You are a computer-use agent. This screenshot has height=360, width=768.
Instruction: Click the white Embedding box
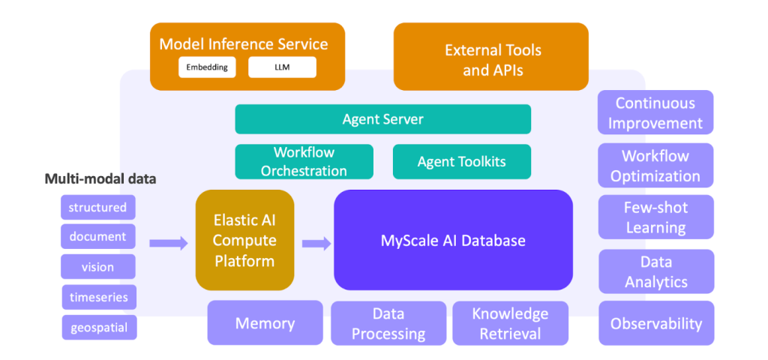(207, 67)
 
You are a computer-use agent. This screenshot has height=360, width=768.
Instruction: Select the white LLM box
(282, 67)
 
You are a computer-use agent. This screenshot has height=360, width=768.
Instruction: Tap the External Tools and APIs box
(490, 56)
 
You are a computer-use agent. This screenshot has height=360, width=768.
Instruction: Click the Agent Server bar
(383, 119)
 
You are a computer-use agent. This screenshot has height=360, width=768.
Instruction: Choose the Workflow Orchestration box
(304, 162)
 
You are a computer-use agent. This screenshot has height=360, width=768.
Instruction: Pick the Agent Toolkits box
(462, 162)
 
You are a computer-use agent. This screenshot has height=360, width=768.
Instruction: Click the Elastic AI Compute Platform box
(245, 240)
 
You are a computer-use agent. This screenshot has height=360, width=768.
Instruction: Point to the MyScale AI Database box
(454, 240)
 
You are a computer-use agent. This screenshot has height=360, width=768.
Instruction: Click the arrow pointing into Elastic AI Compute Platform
(169, 243)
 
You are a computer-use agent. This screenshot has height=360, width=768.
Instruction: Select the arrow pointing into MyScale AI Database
(316, 243)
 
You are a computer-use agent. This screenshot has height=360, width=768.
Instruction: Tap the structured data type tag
(98, 207)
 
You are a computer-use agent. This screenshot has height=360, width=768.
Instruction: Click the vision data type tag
(98, 267)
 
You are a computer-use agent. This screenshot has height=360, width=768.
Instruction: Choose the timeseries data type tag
(99, 297)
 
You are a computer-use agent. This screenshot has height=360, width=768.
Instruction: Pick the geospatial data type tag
(99, 328)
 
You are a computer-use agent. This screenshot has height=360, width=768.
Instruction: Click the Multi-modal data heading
(100, 178)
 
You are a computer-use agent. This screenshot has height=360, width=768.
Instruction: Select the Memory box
(265, 323)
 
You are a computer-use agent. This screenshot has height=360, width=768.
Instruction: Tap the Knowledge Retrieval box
(510, 323)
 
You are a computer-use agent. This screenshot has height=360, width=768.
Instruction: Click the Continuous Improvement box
(655, 112)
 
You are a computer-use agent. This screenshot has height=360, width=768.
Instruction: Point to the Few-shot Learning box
(655, 217)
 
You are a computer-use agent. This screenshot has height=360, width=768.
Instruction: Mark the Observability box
(656, 323)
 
